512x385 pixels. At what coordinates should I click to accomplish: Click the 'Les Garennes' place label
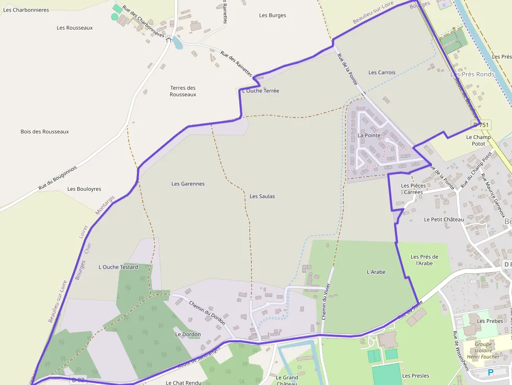(x=188, y=184)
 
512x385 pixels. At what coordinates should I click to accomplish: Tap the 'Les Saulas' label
(x=262, y=196)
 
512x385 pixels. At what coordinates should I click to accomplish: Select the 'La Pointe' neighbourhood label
(x=369, y=135)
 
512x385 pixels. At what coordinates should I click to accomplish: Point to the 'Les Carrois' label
(x=382, y=73)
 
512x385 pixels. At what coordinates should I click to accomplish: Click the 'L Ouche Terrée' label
(x=261, y=91)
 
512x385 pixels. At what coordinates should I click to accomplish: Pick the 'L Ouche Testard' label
(x=119, y=267)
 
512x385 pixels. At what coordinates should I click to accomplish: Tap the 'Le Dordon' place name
(x=188, y=334)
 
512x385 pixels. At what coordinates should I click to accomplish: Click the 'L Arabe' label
(x=376, y=272)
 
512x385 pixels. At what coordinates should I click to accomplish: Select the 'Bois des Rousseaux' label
(x=45, y=132)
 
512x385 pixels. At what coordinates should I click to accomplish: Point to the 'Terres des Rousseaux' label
(x=183, y=91)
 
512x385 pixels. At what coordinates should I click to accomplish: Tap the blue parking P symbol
(x=490, y=372)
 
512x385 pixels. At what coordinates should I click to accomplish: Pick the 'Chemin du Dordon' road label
(x=207, y=313)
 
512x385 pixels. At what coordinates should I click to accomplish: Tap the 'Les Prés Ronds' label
(x=472, y=75)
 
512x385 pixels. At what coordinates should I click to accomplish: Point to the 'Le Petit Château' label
(x=444, y=219)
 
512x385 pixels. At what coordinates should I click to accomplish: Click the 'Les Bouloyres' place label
(x=85, y=189)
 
